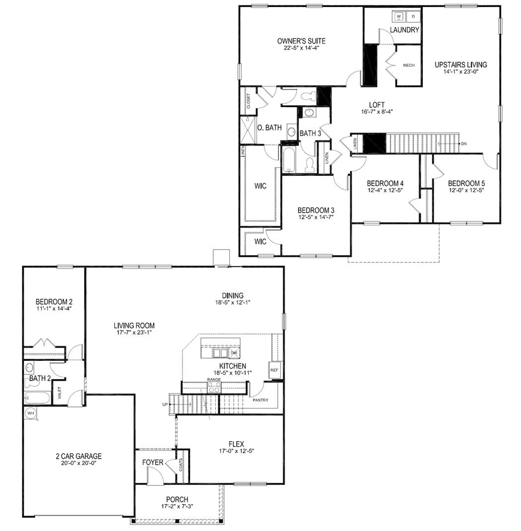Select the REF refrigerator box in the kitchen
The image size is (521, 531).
tap(274, 370)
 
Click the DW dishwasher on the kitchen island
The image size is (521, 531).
tap(234, 352)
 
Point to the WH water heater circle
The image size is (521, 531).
tap(30, 413)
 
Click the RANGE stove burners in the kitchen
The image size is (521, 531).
tap(214, 388)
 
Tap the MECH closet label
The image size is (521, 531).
tap(408, 66)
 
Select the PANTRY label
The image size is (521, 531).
tap(260, 399)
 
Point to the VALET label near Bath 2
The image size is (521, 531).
tap(60, 393)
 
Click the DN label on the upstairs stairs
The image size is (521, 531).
tap(464, 144)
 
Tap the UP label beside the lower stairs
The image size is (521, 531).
tap(165, 404)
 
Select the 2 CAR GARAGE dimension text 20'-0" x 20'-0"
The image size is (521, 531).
tap(78, 463)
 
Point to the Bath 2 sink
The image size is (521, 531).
tap(29, 368)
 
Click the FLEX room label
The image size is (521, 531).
tap(236, 444)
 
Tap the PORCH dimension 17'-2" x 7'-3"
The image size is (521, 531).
tap(178, 507)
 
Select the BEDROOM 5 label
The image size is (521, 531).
tap(466, 183)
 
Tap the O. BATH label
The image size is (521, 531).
tap(269, 128)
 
